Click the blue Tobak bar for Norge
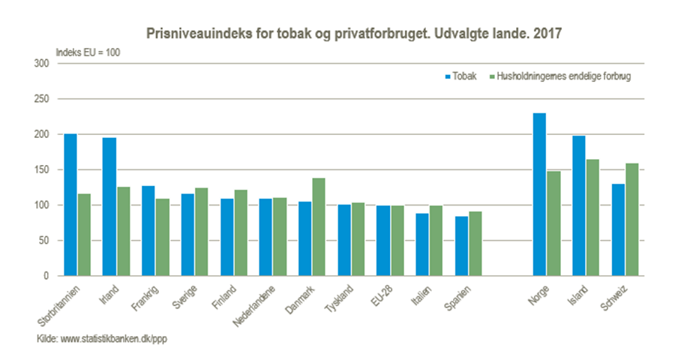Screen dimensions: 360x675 [539, 194]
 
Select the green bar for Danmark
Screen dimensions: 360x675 [319, 227]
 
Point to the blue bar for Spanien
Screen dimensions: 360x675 [461, 246]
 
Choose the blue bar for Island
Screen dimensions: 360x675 [578, 206]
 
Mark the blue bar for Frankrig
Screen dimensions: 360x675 [148, 231]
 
